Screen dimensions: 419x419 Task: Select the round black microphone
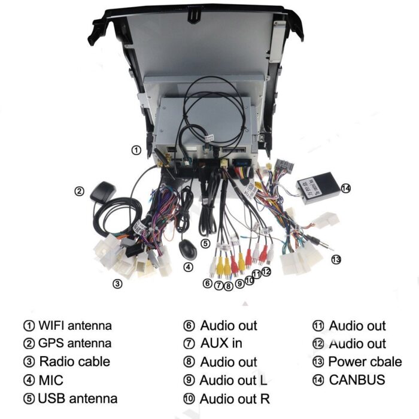pyautogui.click(x=188, y=247)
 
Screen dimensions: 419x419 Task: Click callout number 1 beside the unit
pyautogui.click(x=136, y=150)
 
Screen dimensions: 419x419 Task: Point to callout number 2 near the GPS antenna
pyautogui.click(x=80, y=192)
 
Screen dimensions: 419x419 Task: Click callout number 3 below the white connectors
pyautogui.click(x=118, y=283)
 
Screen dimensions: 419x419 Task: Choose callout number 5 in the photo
pyautogui.click(x=205, y=244)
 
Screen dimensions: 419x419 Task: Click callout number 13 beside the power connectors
pyautogui.click(x=336, y=259)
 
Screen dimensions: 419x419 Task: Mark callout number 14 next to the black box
pyautogui.click(x=345, y=189)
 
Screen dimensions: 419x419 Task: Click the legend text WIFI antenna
pyautogui.click(x=75, y=326)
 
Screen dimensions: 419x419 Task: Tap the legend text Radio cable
pyautogui.click(x=75, y=362)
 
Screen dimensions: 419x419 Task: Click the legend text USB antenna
pyautogui.click(x=77, y=399)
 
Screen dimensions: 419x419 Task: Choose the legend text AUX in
pyautogui.click(x=221, y=344)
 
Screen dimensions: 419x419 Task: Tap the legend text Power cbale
pyautogui.click(x=365, y=362)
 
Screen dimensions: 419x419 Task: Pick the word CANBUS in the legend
pyautogui.click(x=357, y=379)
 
